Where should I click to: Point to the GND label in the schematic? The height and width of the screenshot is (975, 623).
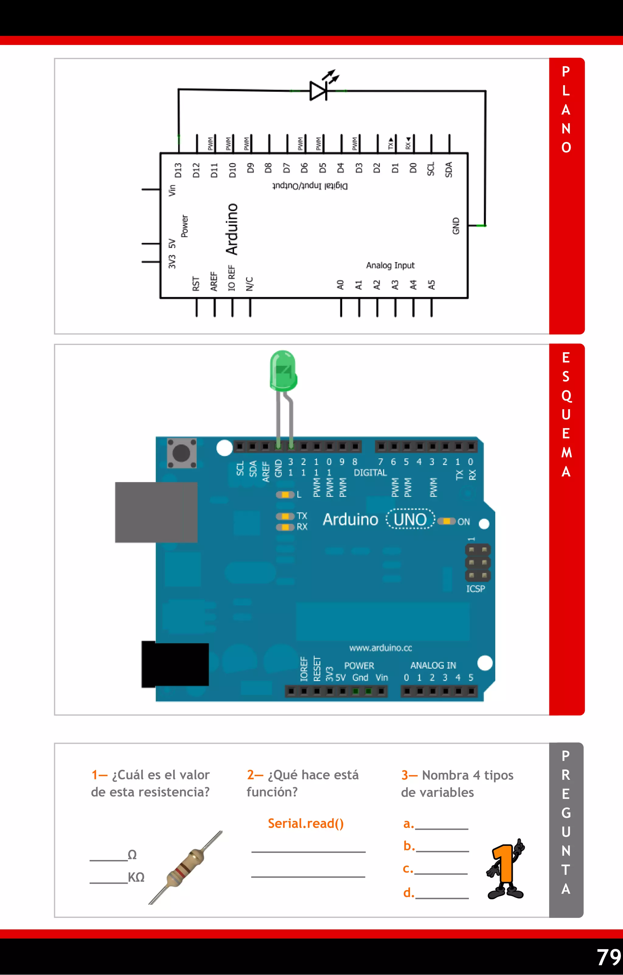(x=456, y=226)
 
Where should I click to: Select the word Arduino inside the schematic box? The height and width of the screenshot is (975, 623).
(x=232, y=229)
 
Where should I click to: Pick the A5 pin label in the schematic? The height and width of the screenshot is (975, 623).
(x=432, y=285)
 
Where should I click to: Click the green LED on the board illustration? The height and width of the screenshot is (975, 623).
(x=283, y=371)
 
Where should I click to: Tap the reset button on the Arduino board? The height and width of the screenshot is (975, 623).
(x=181, y=453)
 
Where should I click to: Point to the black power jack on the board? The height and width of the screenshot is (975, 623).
(x=175, y=664)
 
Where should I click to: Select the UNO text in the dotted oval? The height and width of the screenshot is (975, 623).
(x=410, y=520)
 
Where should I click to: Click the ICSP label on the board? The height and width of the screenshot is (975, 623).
(x=475, y=589)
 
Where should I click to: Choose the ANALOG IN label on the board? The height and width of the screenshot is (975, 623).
(x=433, y=665)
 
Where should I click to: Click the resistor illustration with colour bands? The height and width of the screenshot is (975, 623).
(x=185, y=867)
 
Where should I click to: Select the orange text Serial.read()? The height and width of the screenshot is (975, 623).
(x=306, y=823)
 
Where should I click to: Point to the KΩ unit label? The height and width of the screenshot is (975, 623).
(x=136, y=877)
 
